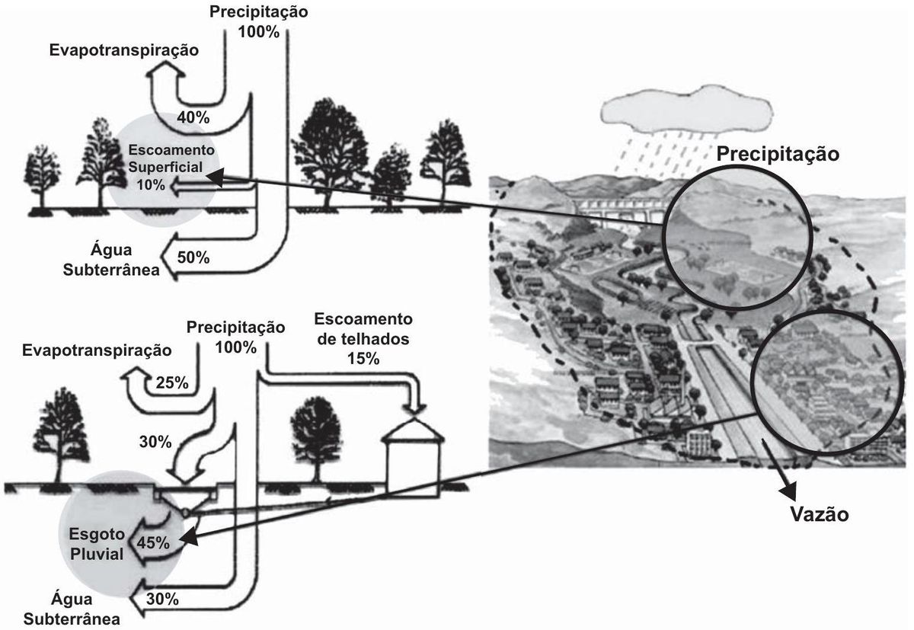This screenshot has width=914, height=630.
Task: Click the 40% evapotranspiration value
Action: tap(193, 117)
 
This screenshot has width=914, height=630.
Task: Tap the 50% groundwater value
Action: tap(193, 257)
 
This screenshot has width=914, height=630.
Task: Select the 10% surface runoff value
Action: tap(151, 185)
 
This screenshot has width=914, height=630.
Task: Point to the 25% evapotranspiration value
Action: tap(172, 382)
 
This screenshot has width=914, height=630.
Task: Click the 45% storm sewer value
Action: tap(153, 542)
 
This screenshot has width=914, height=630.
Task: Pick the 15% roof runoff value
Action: tap(363, 358)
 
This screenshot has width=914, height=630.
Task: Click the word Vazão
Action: tap(820, 514)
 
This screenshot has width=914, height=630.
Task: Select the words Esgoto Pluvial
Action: tap(97, 544)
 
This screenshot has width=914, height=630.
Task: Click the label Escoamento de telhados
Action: tap(363, 329)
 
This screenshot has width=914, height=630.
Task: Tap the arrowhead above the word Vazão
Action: tap(789, 490)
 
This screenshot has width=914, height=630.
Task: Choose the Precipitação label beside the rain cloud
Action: tap(778, 154)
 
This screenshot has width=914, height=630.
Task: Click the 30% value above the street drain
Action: tap(155, 442)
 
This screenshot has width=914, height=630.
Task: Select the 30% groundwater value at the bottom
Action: tap(162, 599)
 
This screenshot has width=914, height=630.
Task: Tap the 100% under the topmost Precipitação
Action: tap(259, 32)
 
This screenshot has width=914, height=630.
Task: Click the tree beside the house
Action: tap(315, 439)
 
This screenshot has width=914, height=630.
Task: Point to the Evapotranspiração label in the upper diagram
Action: tap(124, 50)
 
